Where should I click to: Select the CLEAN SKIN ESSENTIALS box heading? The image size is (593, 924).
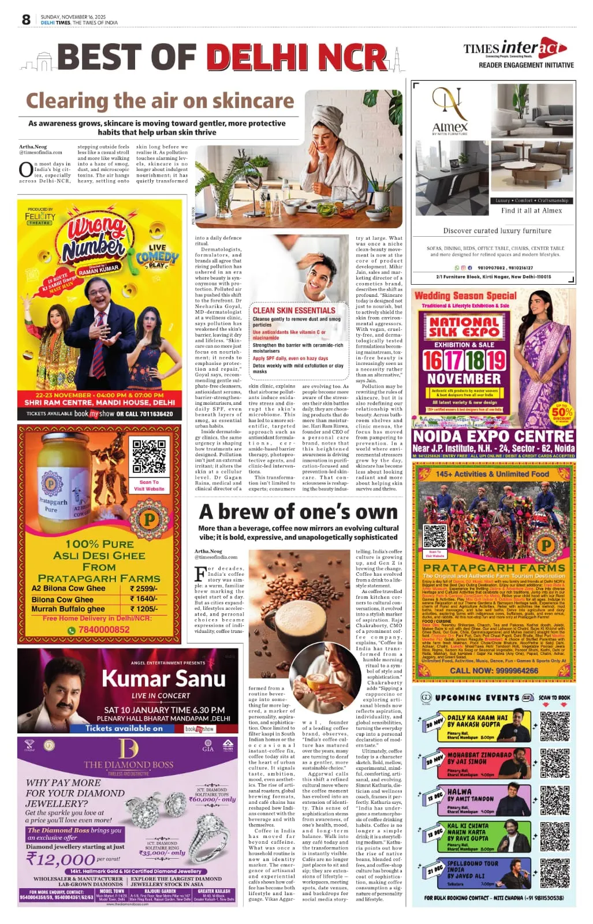click(x=294, y=310)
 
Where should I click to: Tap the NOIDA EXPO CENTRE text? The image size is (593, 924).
click(x=494, y=436)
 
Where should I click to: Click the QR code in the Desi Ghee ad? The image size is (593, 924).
click(x=148, y=456)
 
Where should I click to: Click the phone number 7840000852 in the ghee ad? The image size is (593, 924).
click(x=104, y=629)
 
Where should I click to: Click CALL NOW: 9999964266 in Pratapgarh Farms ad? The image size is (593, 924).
click(x=494, y=671)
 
